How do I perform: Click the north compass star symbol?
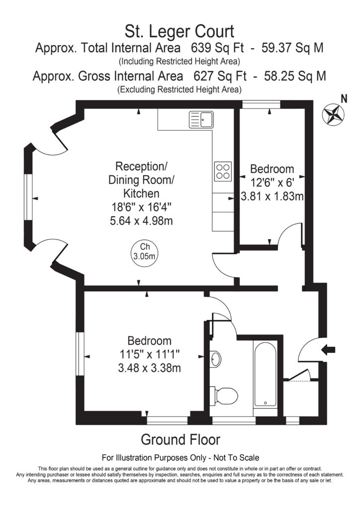pos(334,114)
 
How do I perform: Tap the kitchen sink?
pos(201,119)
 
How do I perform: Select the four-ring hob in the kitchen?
pos(223,171)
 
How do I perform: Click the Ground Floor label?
pos(180,440)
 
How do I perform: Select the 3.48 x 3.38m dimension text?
pos(149,368)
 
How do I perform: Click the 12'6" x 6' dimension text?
pos(271,182)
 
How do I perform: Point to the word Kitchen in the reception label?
pos(141,193)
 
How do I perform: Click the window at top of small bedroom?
pos(261,104)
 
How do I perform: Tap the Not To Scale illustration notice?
pos(180,457)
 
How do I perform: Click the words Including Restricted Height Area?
pos(180,62)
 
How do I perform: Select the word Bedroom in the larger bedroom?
pos(149,341)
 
